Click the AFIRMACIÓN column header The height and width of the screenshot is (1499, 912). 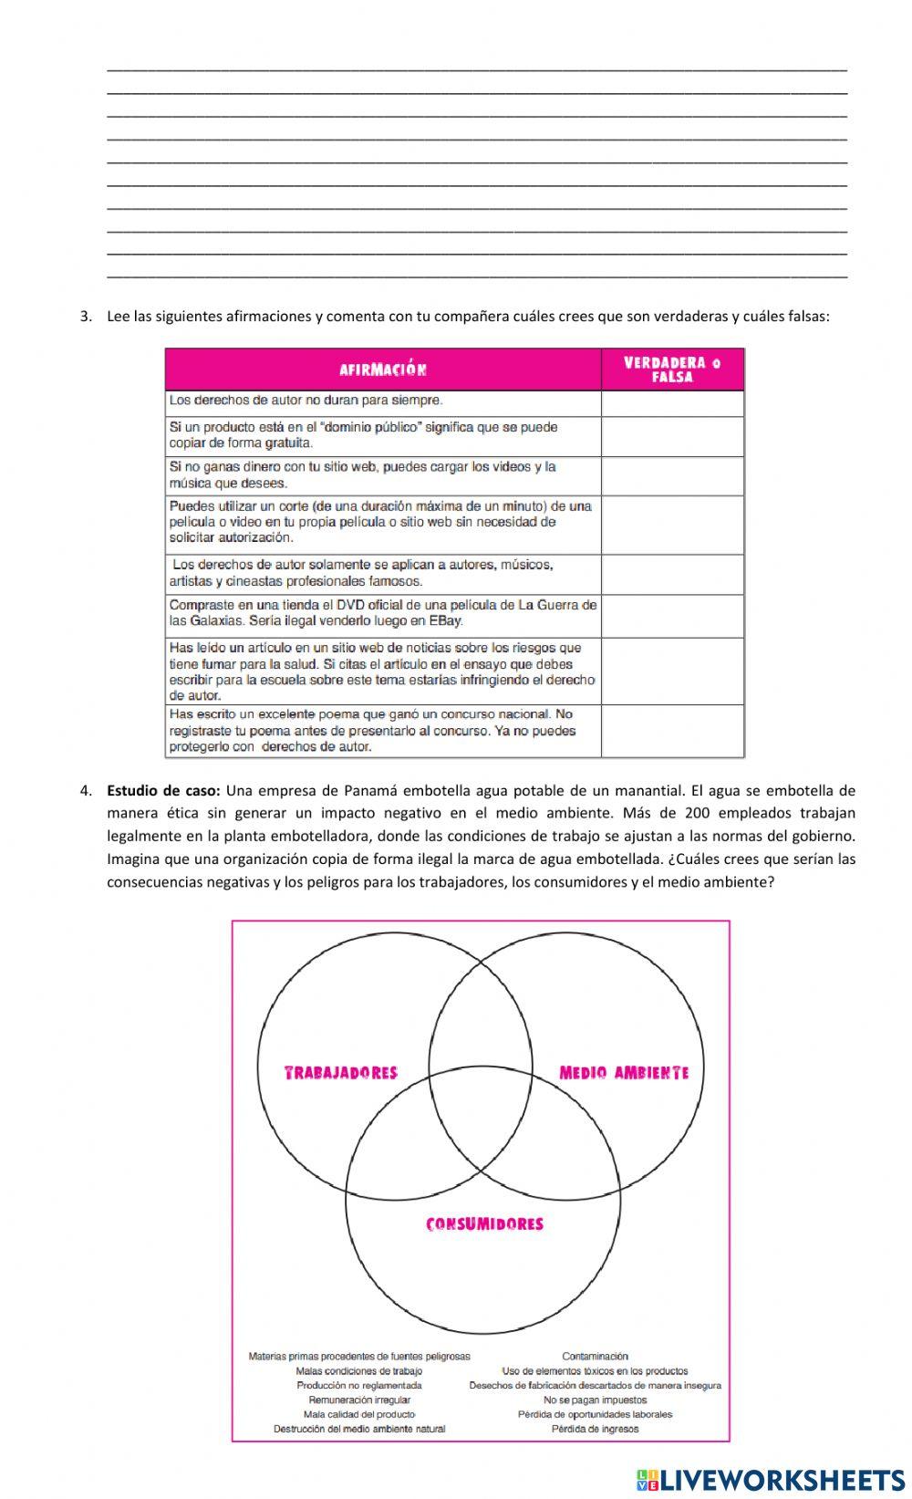[x=383, y=370]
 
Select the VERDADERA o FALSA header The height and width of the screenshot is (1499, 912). [x=673, y=370]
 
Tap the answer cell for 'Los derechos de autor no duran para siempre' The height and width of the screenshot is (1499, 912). [x=673, y=403]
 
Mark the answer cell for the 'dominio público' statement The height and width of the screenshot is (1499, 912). [x=673, y=436]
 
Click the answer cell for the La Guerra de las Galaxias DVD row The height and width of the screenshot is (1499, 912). [x=673, y=616]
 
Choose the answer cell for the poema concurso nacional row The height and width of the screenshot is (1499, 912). [x=673, y=731]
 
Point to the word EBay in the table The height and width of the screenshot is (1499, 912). [x=446, y=620]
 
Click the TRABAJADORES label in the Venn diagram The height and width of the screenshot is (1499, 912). [x=341, y=1072]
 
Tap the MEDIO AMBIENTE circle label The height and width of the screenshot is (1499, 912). [x=624, y=1072]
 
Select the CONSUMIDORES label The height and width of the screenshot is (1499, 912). [x=484, y=1224]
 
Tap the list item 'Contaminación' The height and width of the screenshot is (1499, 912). [x=595, y=1357]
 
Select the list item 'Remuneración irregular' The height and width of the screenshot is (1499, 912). [x=359, y=1400]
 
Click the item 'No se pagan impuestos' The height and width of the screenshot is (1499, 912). [x=595, y=1400]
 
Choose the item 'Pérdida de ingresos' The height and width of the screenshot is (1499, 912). [x=595, y=1429]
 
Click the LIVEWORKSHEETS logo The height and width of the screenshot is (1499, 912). [x=770, y=1479]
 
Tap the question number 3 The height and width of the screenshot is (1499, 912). [x=86, y=317]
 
